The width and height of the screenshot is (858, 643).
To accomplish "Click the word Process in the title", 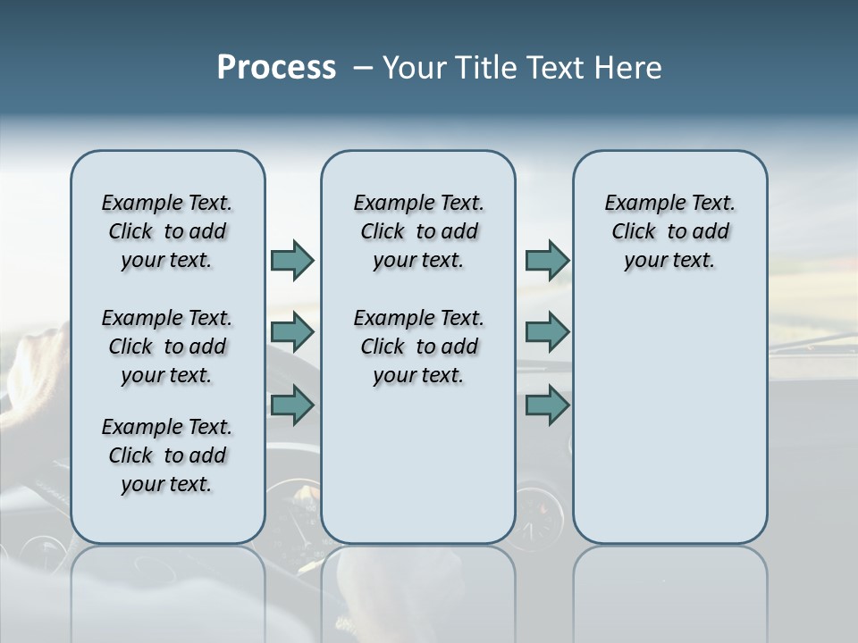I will pyautogui.click(x=276, y=68).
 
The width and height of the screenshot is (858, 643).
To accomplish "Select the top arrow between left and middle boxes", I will pyautogui.click(x=292, y=260).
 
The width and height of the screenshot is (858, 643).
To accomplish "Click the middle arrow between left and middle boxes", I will pyautogui.click(x=292, y=332).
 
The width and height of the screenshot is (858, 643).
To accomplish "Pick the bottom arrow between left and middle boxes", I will pyautogui.click(x=292, y=405).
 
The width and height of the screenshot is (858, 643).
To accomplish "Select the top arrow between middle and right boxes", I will pyautogui.click(x=547, y=260).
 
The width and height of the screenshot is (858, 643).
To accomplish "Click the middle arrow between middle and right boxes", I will pyautogui.click(x=547, y=332).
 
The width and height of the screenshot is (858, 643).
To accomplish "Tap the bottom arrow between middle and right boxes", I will pyautogui.click(x=547, y=405).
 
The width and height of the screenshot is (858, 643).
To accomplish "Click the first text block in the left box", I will pyautogui.click(x=167, y=231).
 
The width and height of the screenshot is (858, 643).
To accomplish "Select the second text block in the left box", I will pyautogui.click(x=167, y=347).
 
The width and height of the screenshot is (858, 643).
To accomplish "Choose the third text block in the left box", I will pyautogui.click(x=167, y=455).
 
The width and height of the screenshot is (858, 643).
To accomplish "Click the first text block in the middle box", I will pyautogui.click(x=418, y=231).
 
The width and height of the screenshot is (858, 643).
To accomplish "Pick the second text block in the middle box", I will pyautogui.click(x=418, y=347).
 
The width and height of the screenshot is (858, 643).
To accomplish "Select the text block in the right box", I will pyautogui.click(x=669, y=231).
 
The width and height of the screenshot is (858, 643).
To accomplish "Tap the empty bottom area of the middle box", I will pyautogui.click(x=418, y=464).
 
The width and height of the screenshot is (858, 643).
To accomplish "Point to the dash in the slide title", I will pyautogui.click(x=362, y=68).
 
